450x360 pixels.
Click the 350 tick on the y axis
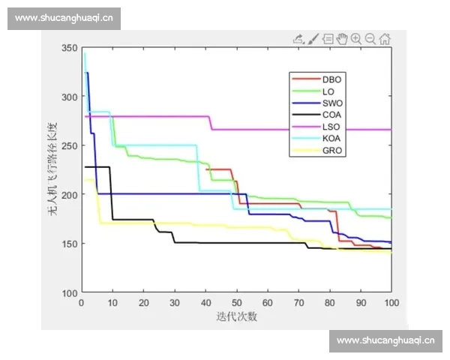tap(69, 48)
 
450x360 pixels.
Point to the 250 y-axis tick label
tap(69, 145)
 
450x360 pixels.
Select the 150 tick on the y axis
tap(69, 244)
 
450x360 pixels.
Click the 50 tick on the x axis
tap(237, 303)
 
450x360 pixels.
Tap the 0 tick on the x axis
tap(82, 303)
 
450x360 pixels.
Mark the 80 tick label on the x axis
tap(330, 303)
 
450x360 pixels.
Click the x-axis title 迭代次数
tap(236, 316)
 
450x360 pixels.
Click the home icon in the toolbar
tap(385, 39)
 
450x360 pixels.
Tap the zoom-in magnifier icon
tap(356, 39)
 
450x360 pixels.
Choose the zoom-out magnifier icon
tap(370, 39)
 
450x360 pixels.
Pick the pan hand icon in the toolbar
tap(342, 39)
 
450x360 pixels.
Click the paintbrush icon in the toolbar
tap(314, 39)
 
